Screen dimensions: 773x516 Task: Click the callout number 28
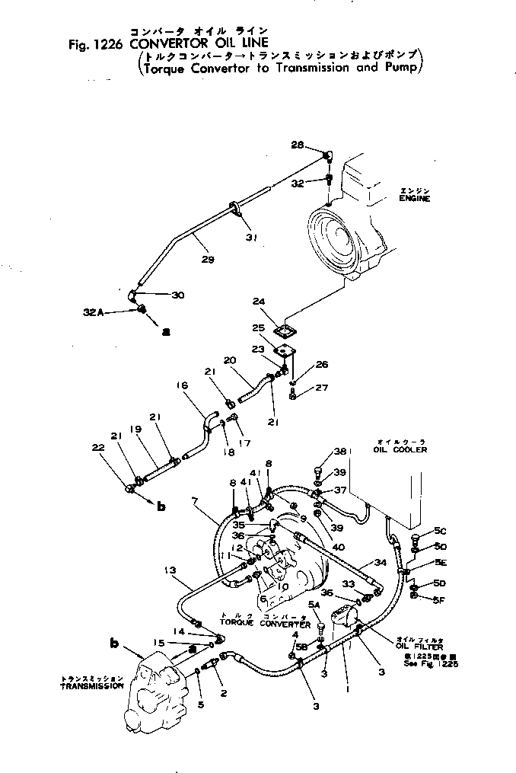click(297, 145)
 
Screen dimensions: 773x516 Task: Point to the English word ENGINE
click(414, 198)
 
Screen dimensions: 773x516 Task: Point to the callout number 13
click(170, 569)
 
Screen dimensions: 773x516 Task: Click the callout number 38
click(319, 451)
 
